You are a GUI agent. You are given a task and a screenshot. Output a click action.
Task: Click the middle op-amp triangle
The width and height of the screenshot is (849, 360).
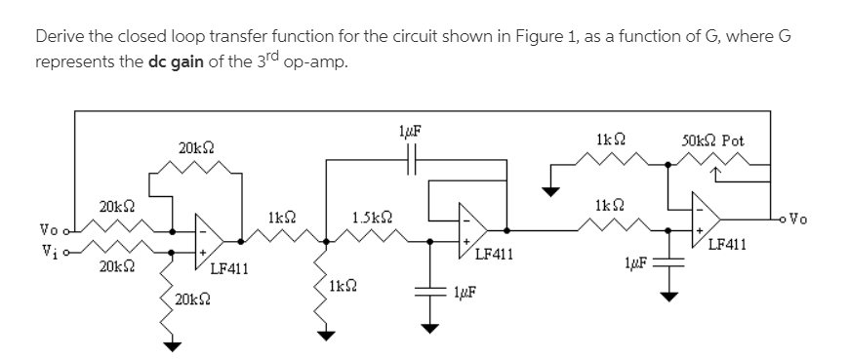473,230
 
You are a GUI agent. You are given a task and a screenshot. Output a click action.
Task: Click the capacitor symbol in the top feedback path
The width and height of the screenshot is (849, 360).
410,158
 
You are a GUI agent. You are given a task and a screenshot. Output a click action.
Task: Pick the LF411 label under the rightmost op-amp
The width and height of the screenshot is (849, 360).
727,245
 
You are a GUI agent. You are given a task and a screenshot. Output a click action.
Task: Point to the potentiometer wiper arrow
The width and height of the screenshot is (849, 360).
719,175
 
